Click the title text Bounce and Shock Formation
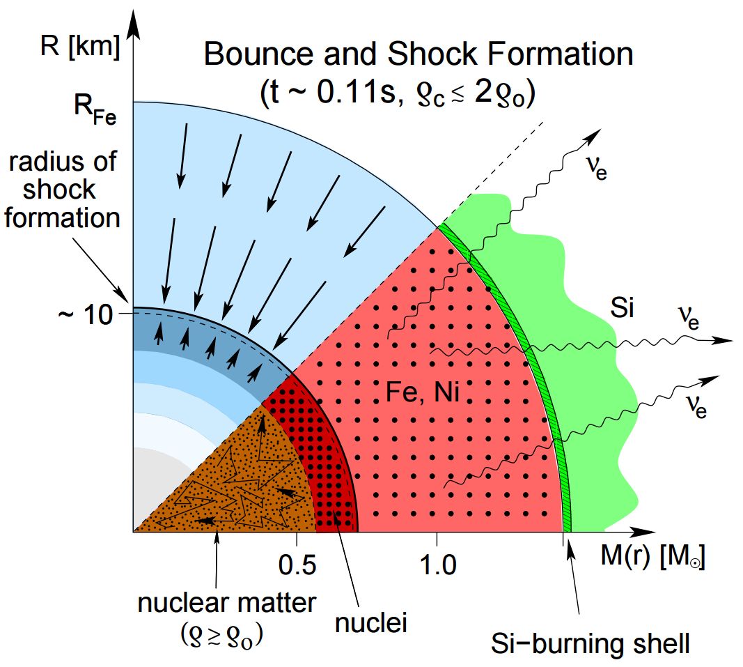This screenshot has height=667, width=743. (418, 54)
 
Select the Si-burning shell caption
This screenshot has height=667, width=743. (589, 643)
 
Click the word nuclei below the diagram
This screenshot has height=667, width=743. (370, 622)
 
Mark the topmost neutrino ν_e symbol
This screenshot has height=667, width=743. (596, 170)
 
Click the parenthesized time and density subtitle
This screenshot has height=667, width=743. (397, 93)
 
